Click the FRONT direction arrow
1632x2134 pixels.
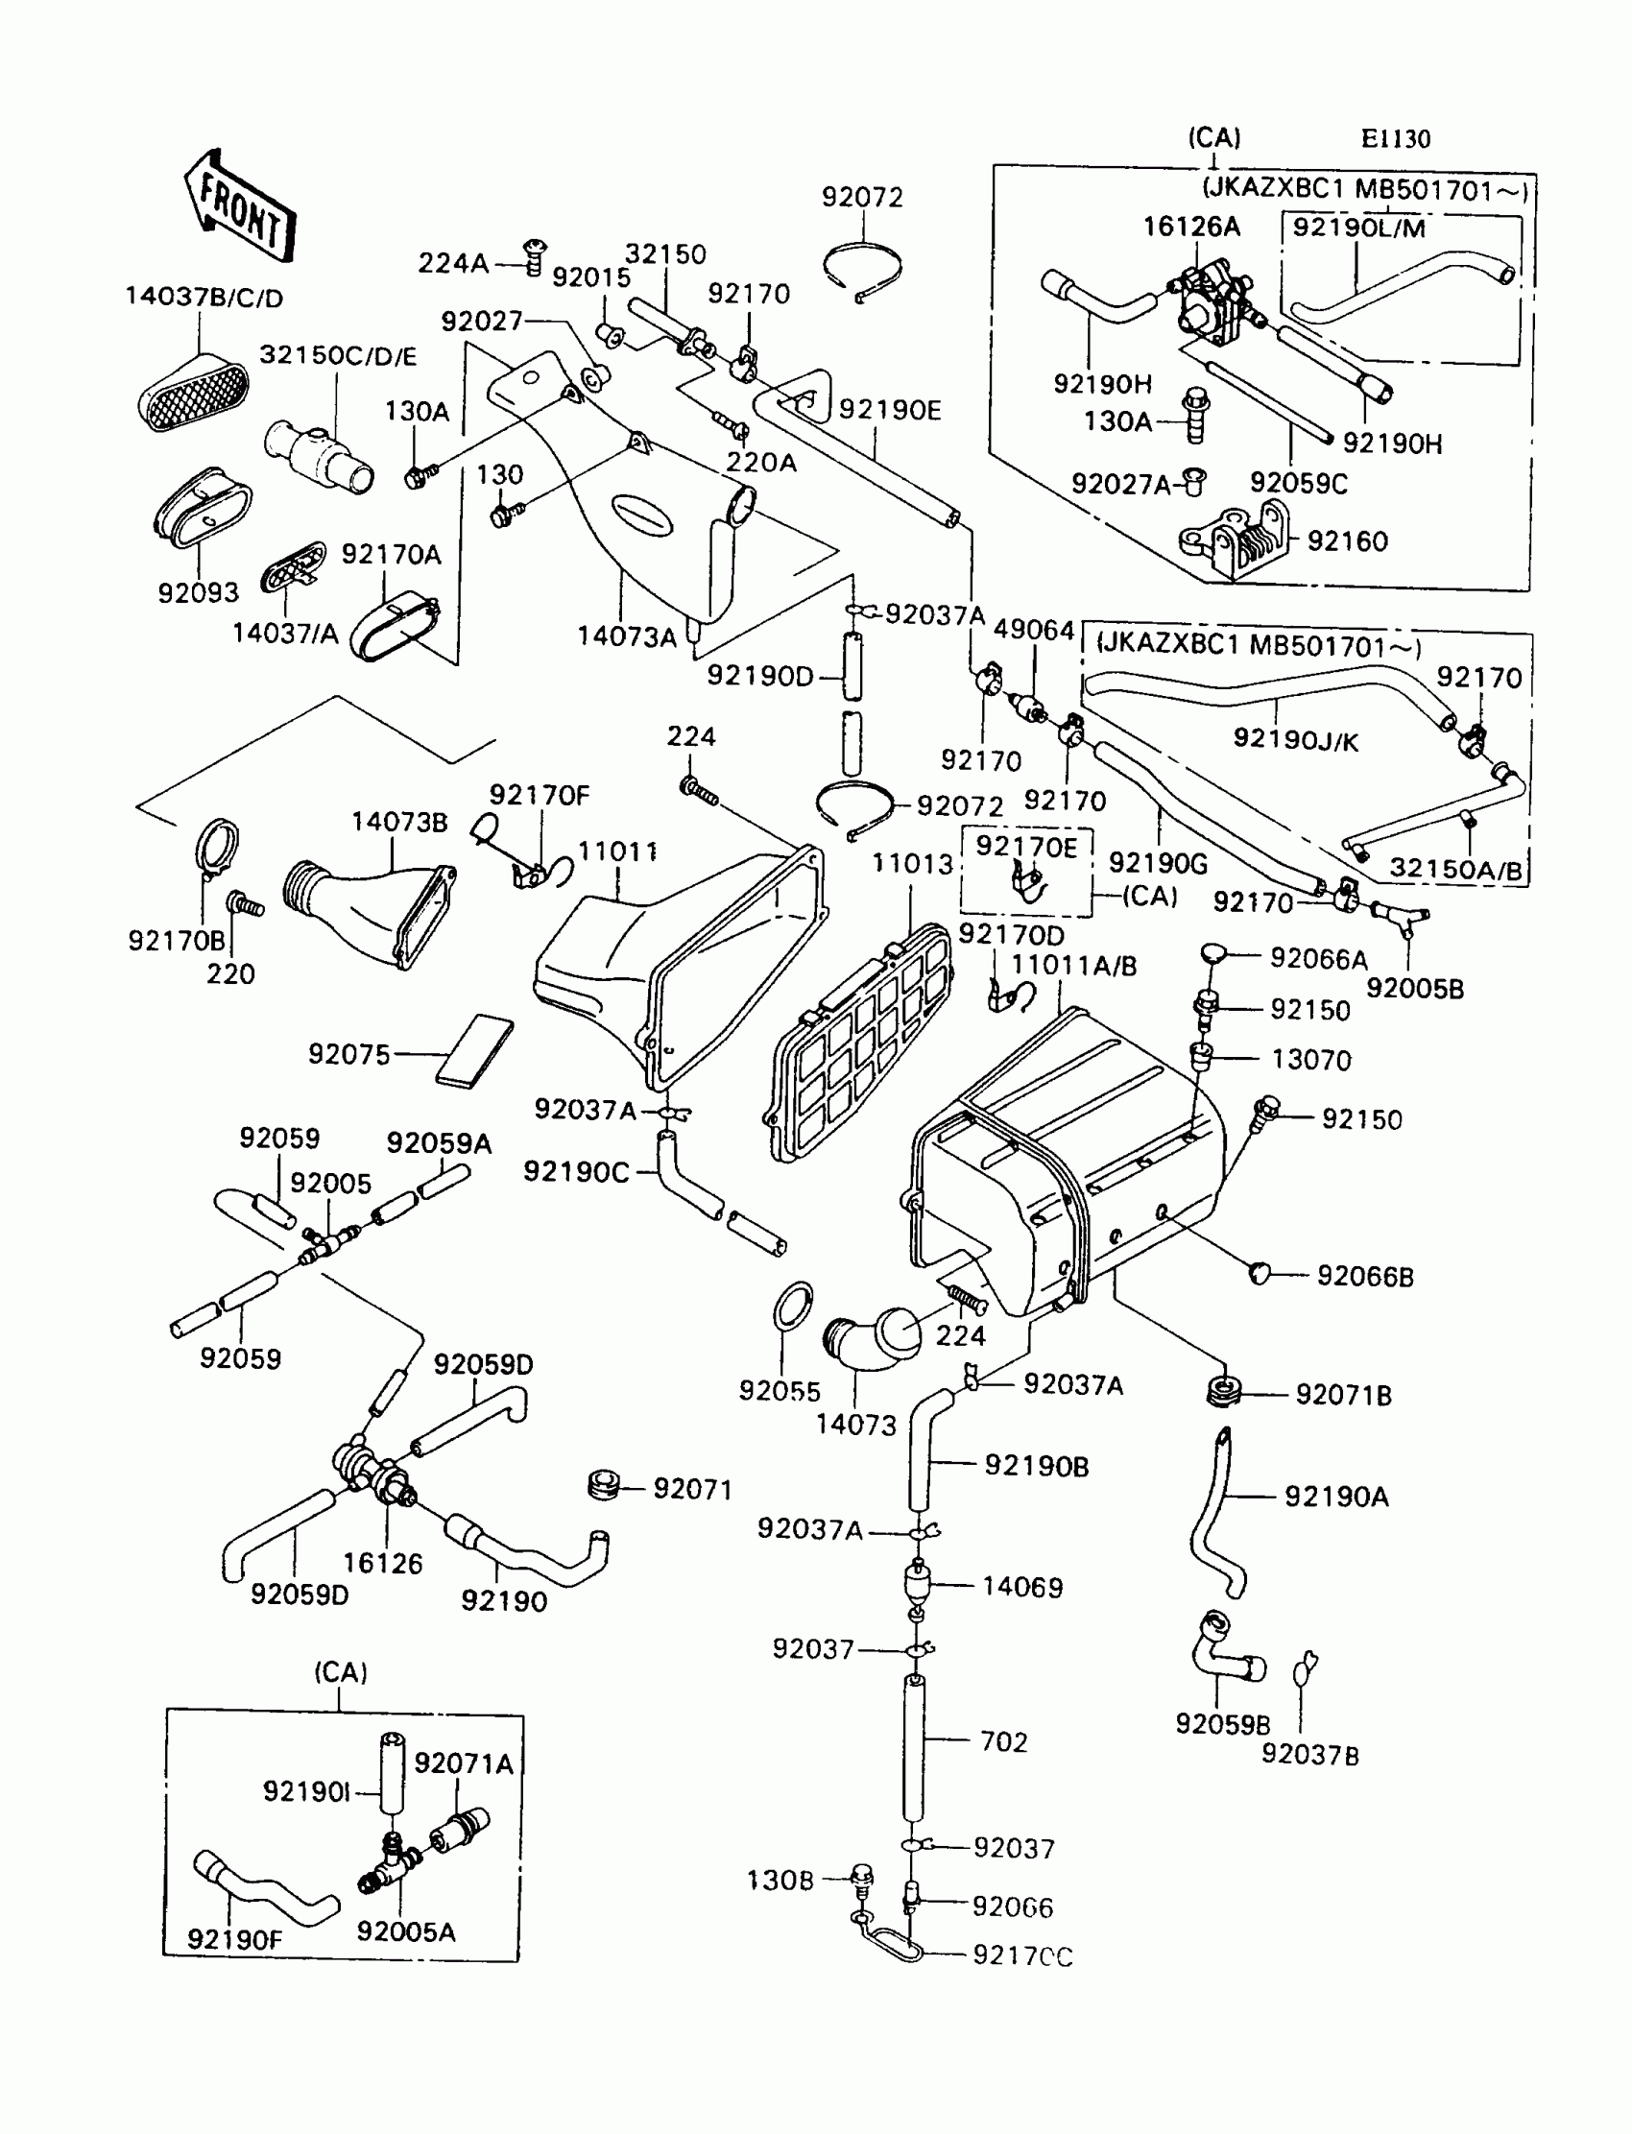click(238, 207)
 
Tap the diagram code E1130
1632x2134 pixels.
click(1395, 139)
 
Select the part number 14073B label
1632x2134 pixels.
click(399, 823)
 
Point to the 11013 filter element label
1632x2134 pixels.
click(911, 864)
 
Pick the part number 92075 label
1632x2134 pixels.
click(348, 1055)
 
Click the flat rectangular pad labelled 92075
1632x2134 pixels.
click(475, 1052)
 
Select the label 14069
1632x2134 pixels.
click(1022, 1587)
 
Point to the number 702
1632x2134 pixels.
click(1003, 1742)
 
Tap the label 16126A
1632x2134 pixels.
click(1191, 227)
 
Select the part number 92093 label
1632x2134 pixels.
click(198, 592)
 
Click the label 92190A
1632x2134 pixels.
click(1335, 1497)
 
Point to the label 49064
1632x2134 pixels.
click(1034, 631)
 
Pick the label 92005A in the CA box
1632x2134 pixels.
click(405, 1932)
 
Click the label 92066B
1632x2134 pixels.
click(1365, 1277)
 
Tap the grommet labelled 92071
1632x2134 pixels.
click(604, 1485)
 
